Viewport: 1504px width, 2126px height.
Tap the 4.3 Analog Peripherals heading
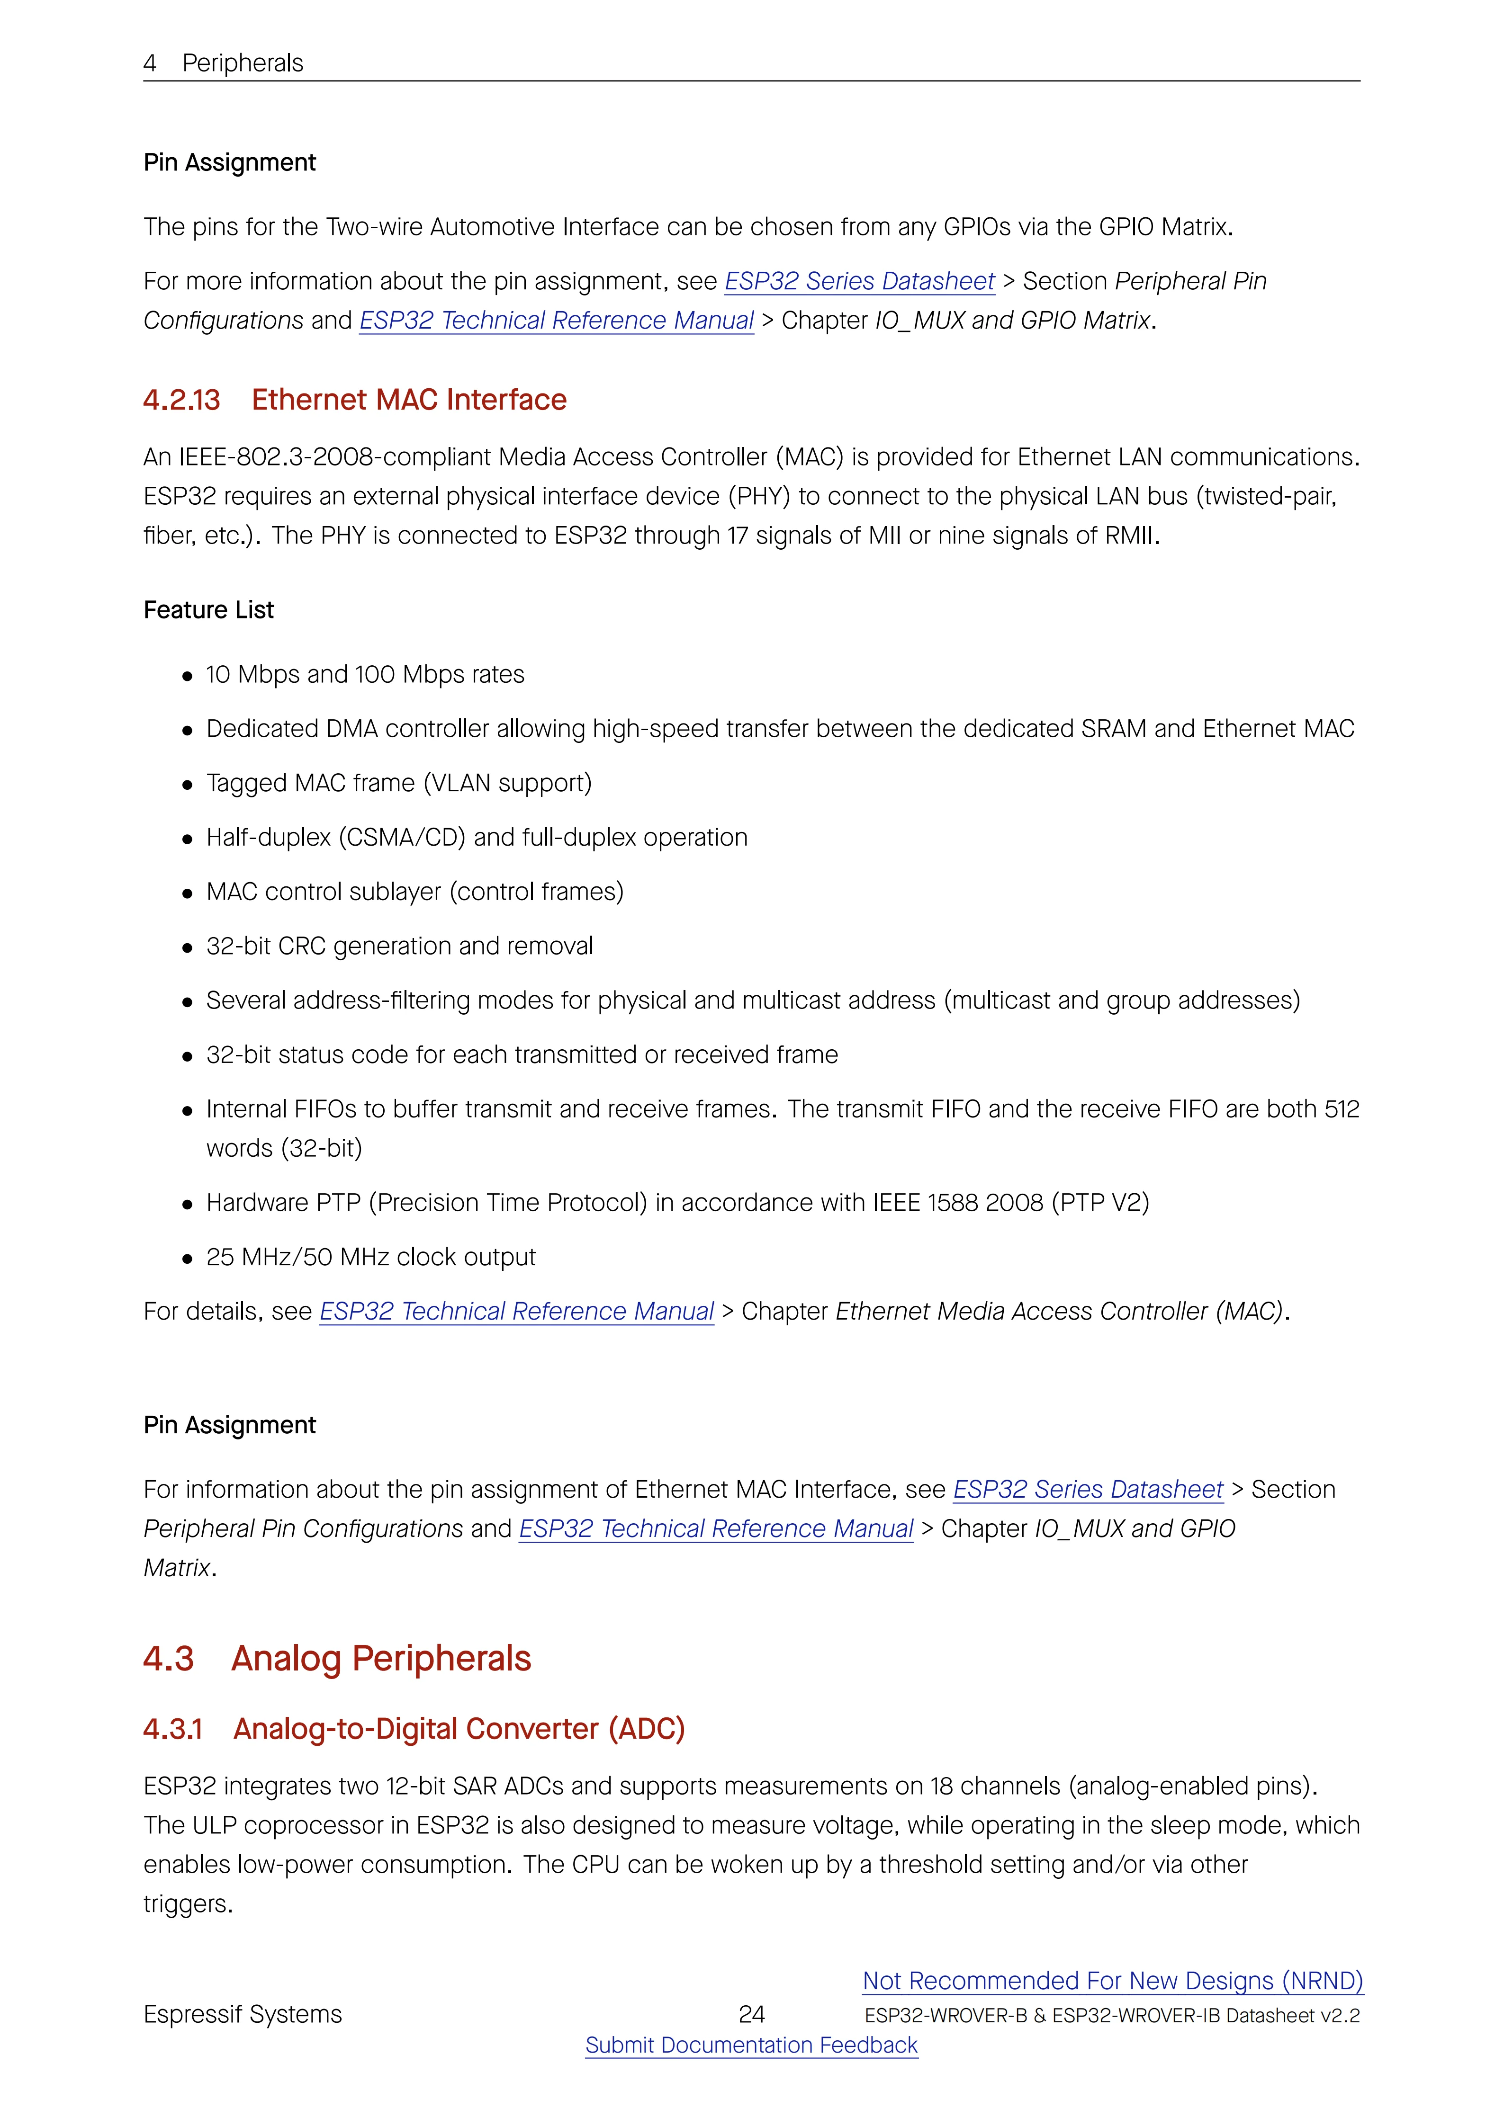pos(337,1658)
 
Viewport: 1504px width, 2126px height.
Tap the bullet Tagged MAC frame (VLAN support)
pos(398,783)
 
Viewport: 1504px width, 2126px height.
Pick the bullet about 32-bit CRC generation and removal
pos(399,947)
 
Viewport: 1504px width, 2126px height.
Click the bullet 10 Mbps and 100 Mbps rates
pos(365,675)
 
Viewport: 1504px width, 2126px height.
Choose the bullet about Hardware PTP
pos(677,1203)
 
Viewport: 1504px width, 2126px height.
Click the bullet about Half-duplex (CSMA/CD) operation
pos(476,838)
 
